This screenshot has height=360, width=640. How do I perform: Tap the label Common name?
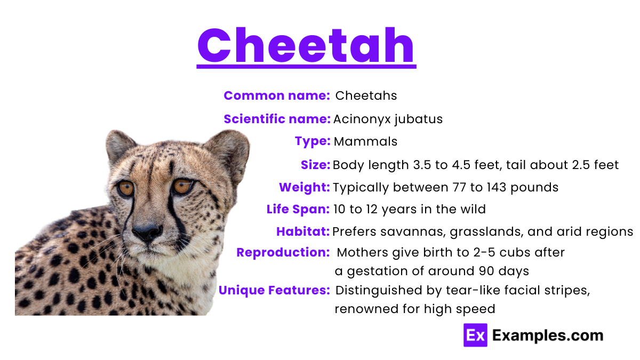pyautogui.click(x=277, y=95)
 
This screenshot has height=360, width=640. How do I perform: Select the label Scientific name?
pyautogui.click(x=277, y=119)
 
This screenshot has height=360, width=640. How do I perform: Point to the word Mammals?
pyautogui.click(x=365, y=142)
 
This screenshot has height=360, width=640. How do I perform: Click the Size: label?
pyautogui.click(x=316, y=165)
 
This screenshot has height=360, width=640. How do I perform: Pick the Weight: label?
pyautogui.click(x=305, y=188)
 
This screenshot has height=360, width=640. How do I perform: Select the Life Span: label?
pyautogui.click(x=298, y=210)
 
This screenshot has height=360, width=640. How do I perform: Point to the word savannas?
pyautogui.click(x=414, y=232)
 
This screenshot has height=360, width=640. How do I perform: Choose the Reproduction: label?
pyautogui.click(x=283, y=252)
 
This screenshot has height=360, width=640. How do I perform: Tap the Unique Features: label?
pyautogui.click(x=274, y=291)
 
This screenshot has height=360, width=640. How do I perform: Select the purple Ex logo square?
pyautogui.click(x=475, y=335)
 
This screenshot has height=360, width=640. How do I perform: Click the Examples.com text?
pyautogui.click(x=548, y=335)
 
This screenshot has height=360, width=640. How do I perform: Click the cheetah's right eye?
pyautogui.click(x=183, y=186)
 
